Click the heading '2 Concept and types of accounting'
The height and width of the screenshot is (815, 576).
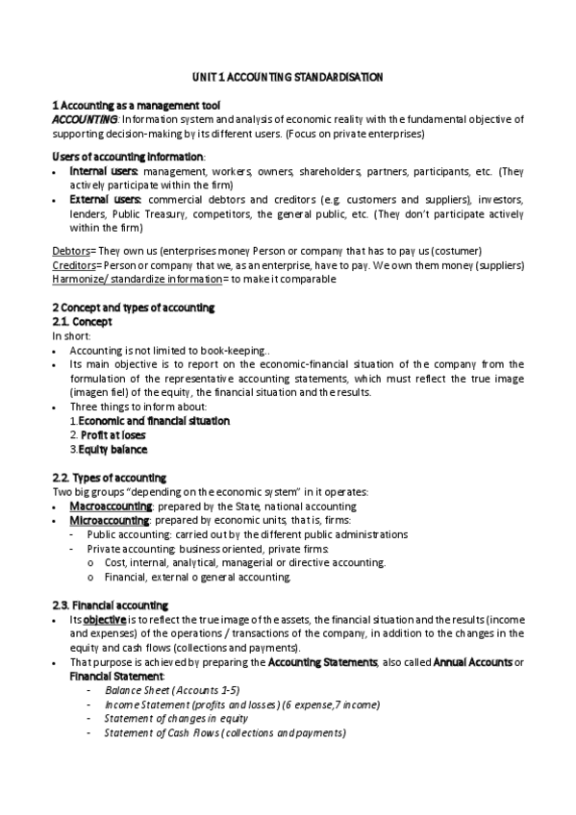point(133,307)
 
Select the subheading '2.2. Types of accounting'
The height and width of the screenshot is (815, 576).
point(109,478)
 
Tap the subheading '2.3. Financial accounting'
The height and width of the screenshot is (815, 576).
point(110,605)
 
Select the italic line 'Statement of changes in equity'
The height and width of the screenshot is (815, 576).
point(176,718)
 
